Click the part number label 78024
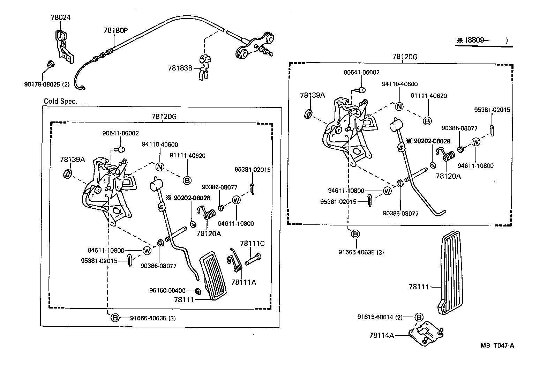coord(60,17)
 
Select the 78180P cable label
coord(115,30)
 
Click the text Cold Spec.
coord(60,101)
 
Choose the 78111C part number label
coord(252,244)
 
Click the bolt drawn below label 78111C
coord(253,260)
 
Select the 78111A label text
coord(243,282)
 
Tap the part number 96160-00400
coord(167,290)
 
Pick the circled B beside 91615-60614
coord(419,317)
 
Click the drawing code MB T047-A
coord(497,346)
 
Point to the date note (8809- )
coord(484,40)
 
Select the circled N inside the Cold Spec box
coord(159,167)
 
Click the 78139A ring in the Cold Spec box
coord(68,173)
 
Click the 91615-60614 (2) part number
coord(380,317)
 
